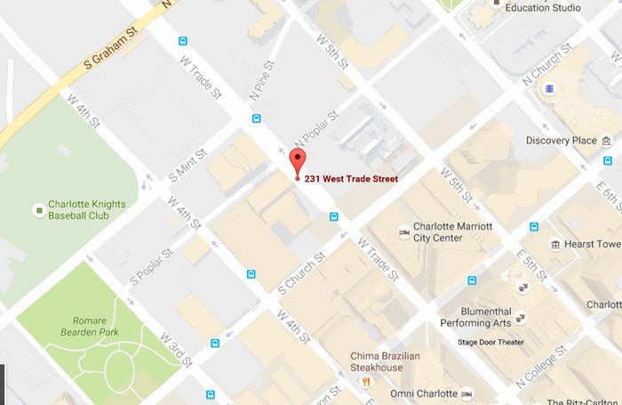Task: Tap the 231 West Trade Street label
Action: pos(351,179)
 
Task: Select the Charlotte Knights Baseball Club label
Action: pos(87,209)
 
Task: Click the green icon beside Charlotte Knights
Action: pos(38,210)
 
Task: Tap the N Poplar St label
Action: pos(317,131)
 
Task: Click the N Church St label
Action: pos(549,67)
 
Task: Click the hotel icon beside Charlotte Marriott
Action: pos(404,232)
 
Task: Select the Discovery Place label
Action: pos(561,141)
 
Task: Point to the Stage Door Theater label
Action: pos(490,342)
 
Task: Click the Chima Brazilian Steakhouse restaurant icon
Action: pos(365,381)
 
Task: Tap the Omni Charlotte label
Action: pos(424,393)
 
